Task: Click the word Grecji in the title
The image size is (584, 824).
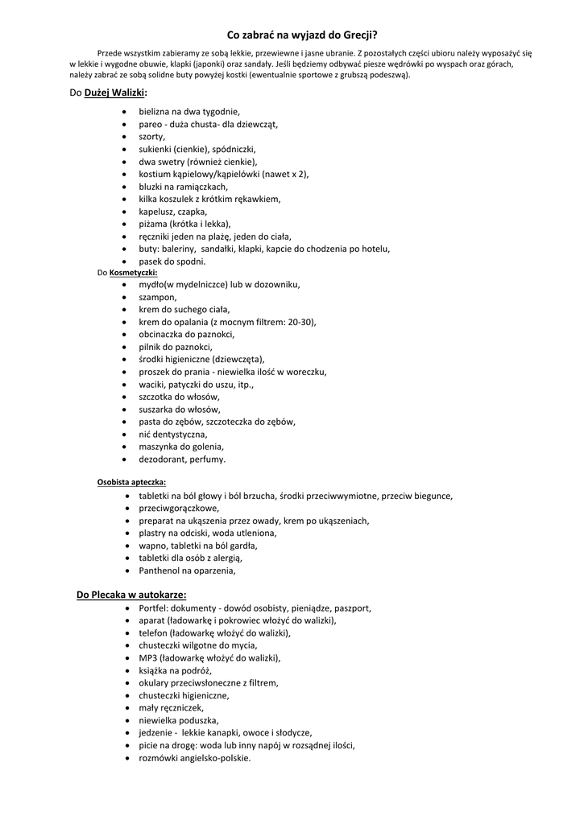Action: (358, 35)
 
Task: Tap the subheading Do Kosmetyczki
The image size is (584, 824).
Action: (127, 272)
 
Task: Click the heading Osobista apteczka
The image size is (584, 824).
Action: (132, 482)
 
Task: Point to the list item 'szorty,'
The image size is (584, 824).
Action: (151, 137)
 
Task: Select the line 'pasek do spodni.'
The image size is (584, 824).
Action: (172, 262)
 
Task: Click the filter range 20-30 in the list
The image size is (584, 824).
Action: (299, 322)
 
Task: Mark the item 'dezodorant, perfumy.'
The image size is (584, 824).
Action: (182, 459)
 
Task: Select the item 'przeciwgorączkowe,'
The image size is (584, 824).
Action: (179, 509)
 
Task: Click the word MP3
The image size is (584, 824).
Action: (147, 657)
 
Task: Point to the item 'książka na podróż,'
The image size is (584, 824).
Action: (175, 670)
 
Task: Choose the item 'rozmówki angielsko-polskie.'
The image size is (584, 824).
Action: (194, 757)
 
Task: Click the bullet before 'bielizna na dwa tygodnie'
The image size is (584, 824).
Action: (122, 113)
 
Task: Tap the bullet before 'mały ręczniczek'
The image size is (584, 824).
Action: (129, 708)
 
